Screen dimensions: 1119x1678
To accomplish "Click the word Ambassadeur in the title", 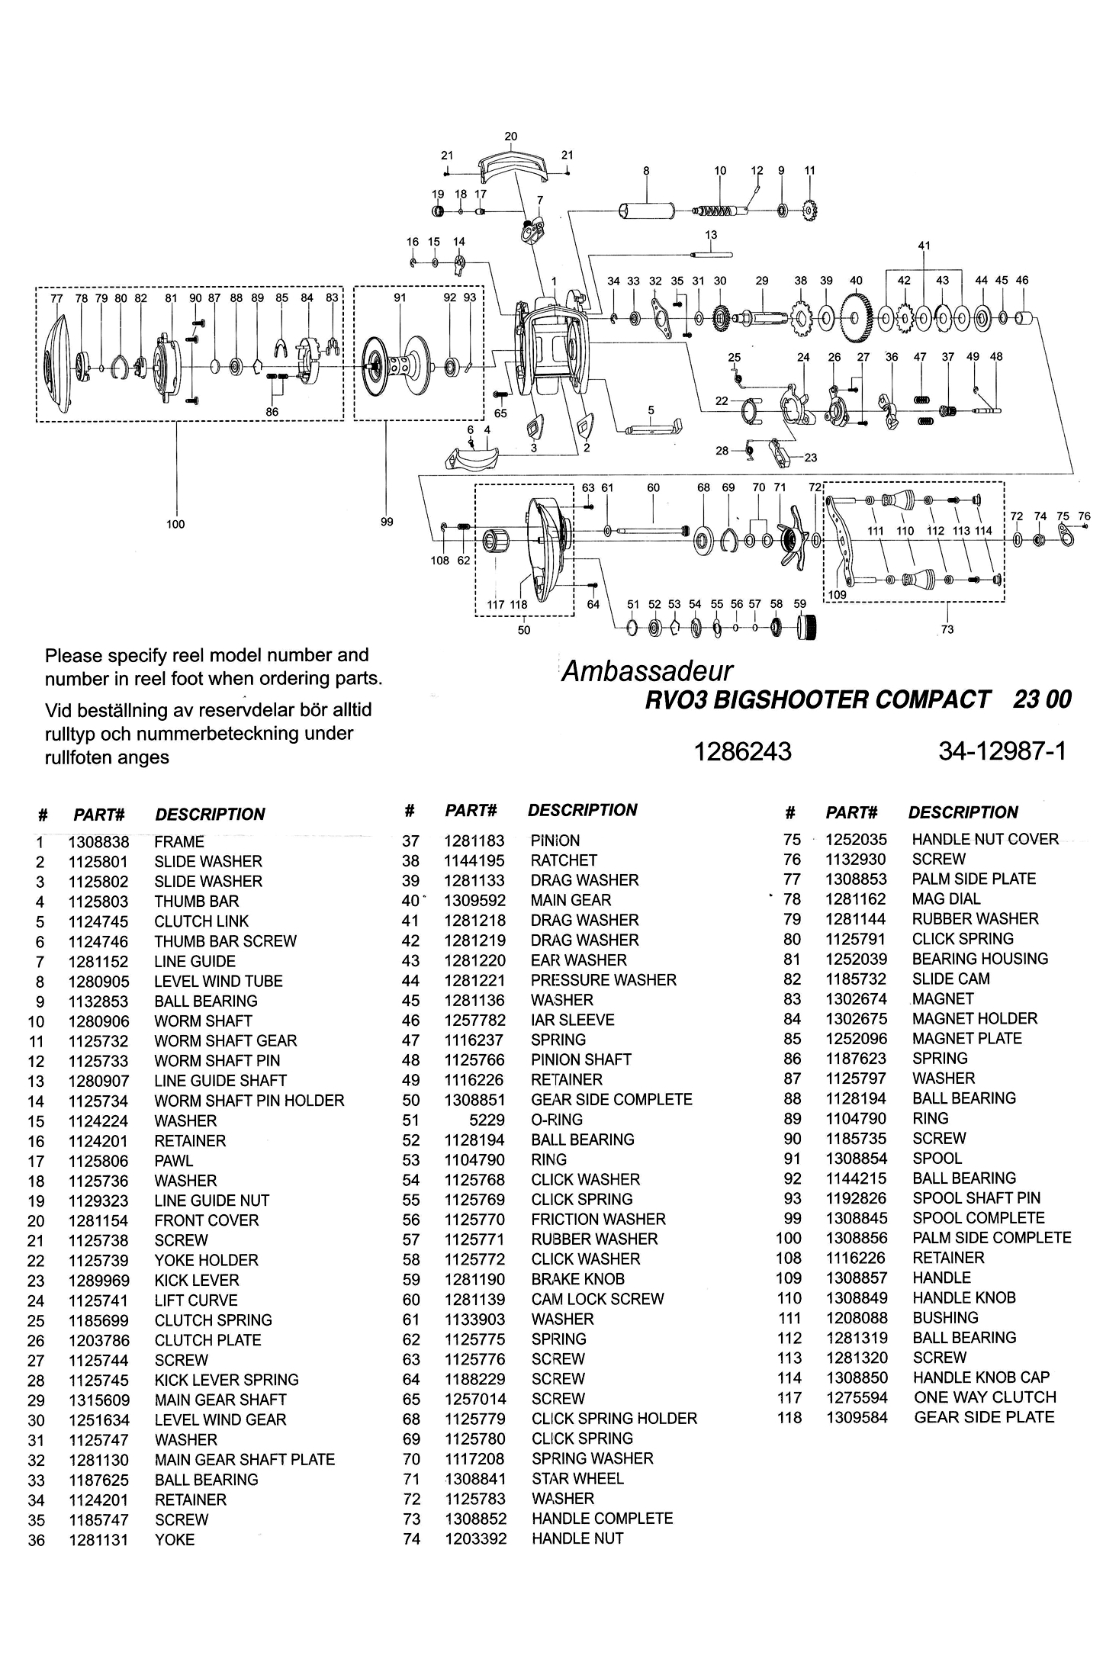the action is [647, 671].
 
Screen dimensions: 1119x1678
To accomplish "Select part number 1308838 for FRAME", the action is [98, 842].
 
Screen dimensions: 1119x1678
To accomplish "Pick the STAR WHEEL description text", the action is [577, 1478].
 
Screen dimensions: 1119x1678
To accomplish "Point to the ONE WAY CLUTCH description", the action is [985, 1397].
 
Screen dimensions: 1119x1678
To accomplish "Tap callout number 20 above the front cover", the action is [511, 137].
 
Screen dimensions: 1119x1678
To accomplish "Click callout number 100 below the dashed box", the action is [175, 524].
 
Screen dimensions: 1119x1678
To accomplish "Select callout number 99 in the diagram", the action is [387, 522].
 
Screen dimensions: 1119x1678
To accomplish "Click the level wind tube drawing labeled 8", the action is [647, 211].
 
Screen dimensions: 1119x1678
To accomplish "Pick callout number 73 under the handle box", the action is [947, 629].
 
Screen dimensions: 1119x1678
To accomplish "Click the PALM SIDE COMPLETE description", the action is [992, 1237].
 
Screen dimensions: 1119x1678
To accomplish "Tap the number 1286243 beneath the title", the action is [741, 752].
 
